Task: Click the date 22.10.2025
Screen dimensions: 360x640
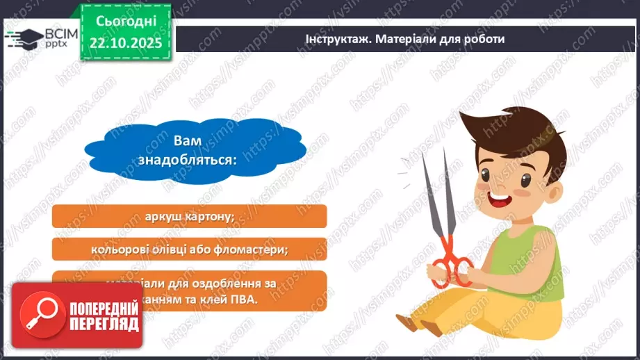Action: click(x=126, y=43)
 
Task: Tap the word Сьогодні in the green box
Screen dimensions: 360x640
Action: click(x=126, y=22)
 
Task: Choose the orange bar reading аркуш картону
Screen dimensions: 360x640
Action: click(x=189, y=216)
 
